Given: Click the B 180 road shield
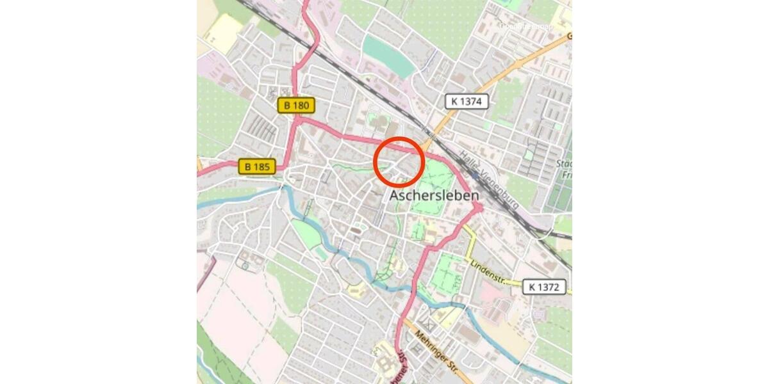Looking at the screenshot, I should (297, 105).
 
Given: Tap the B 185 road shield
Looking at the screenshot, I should (257, 167).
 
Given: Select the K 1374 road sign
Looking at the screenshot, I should (467, 101).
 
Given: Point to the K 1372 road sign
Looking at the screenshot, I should (544, 287).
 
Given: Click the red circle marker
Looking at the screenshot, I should (399, 161).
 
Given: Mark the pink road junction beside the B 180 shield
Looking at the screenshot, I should (297, 118).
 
